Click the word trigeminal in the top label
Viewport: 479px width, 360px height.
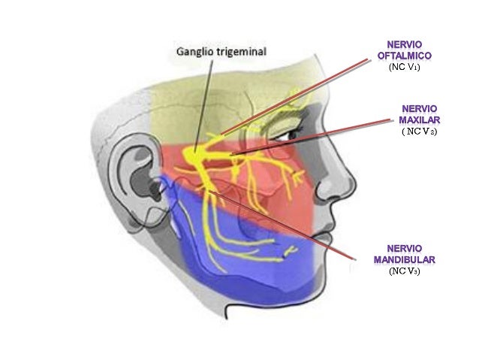[242, 51]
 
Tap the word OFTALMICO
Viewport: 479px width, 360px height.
[405, 56]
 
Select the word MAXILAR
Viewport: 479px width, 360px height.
[420, 120]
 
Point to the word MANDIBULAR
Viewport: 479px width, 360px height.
[405, 260]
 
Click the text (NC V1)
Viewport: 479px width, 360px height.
[404, 68]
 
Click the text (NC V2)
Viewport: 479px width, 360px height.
[420, 132]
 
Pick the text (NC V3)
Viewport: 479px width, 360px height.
[404, 271]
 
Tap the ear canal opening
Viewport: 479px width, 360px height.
[154, 187]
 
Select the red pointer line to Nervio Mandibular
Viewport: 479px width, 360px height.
[282, 225]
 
